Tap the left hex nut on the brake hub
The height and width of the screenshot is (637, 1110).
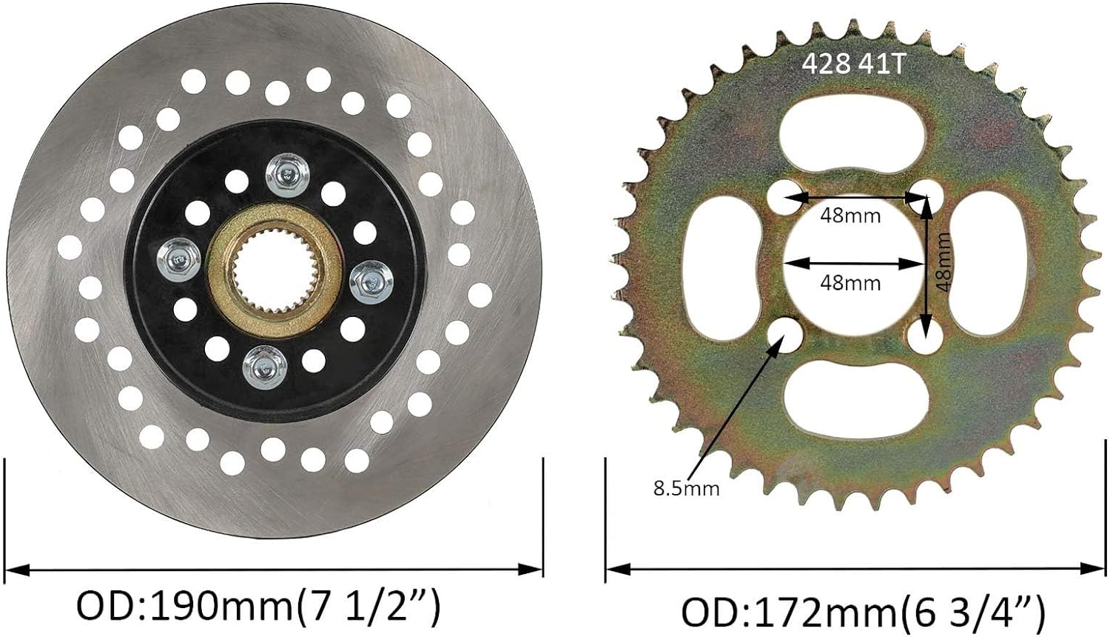tap(177, 256)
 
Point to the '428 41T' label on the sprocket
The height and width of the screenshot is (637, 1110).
tap(853, 64)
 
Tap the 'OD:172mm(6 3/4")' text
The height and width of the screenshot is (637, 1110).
tap(863, 613)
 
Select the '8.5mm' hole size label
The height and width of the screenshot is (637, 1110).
tap(686, 488)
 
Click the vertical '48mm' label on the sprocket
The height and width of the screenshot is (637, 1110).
tap(942, 261)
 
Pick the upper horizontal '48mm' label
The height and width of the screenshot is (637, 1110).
tap(850, 216)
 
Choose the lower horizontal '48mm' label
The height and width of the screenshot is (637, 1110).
tap(850, 282)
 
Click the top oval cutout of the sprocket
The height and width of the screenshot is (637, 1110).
tap(852, 127)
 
